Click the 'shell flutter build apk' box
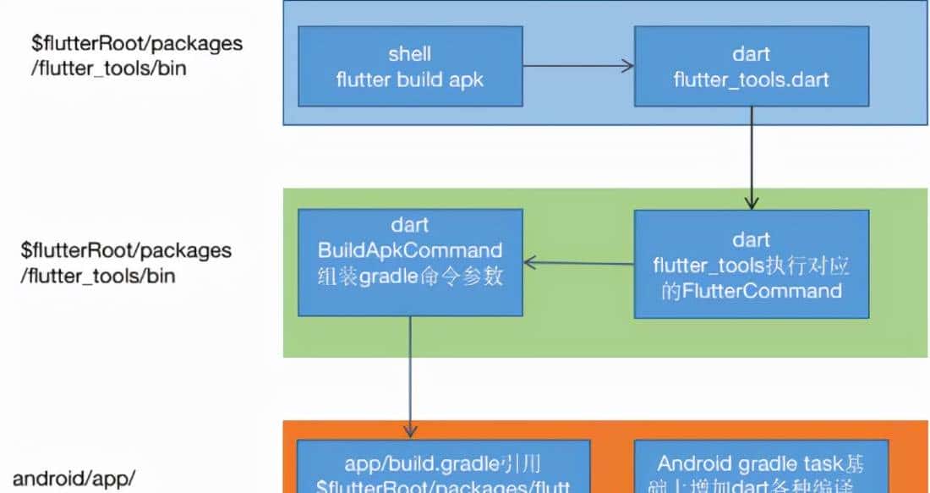tap(409, 67)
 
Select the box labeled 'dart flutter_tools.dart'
tap(751, 67)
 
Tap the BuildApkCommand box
tap(409, 262)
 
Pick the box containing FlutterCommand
tap(751, 264)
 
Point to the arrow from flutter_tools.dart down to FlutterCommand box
tap(752, 161)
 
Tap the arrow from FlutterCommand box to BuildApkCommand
tap(578, 263)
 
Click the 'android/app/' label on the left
tap(74, 479)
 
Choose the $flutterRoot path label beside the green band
tap(126, 262)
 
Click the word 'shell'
tap(409, 54)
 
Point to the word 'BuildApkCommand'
tap(409, 250)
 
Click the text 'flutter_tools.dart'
tap(751, 80)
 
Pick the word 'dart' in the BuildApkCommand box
tap(409, 226)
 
